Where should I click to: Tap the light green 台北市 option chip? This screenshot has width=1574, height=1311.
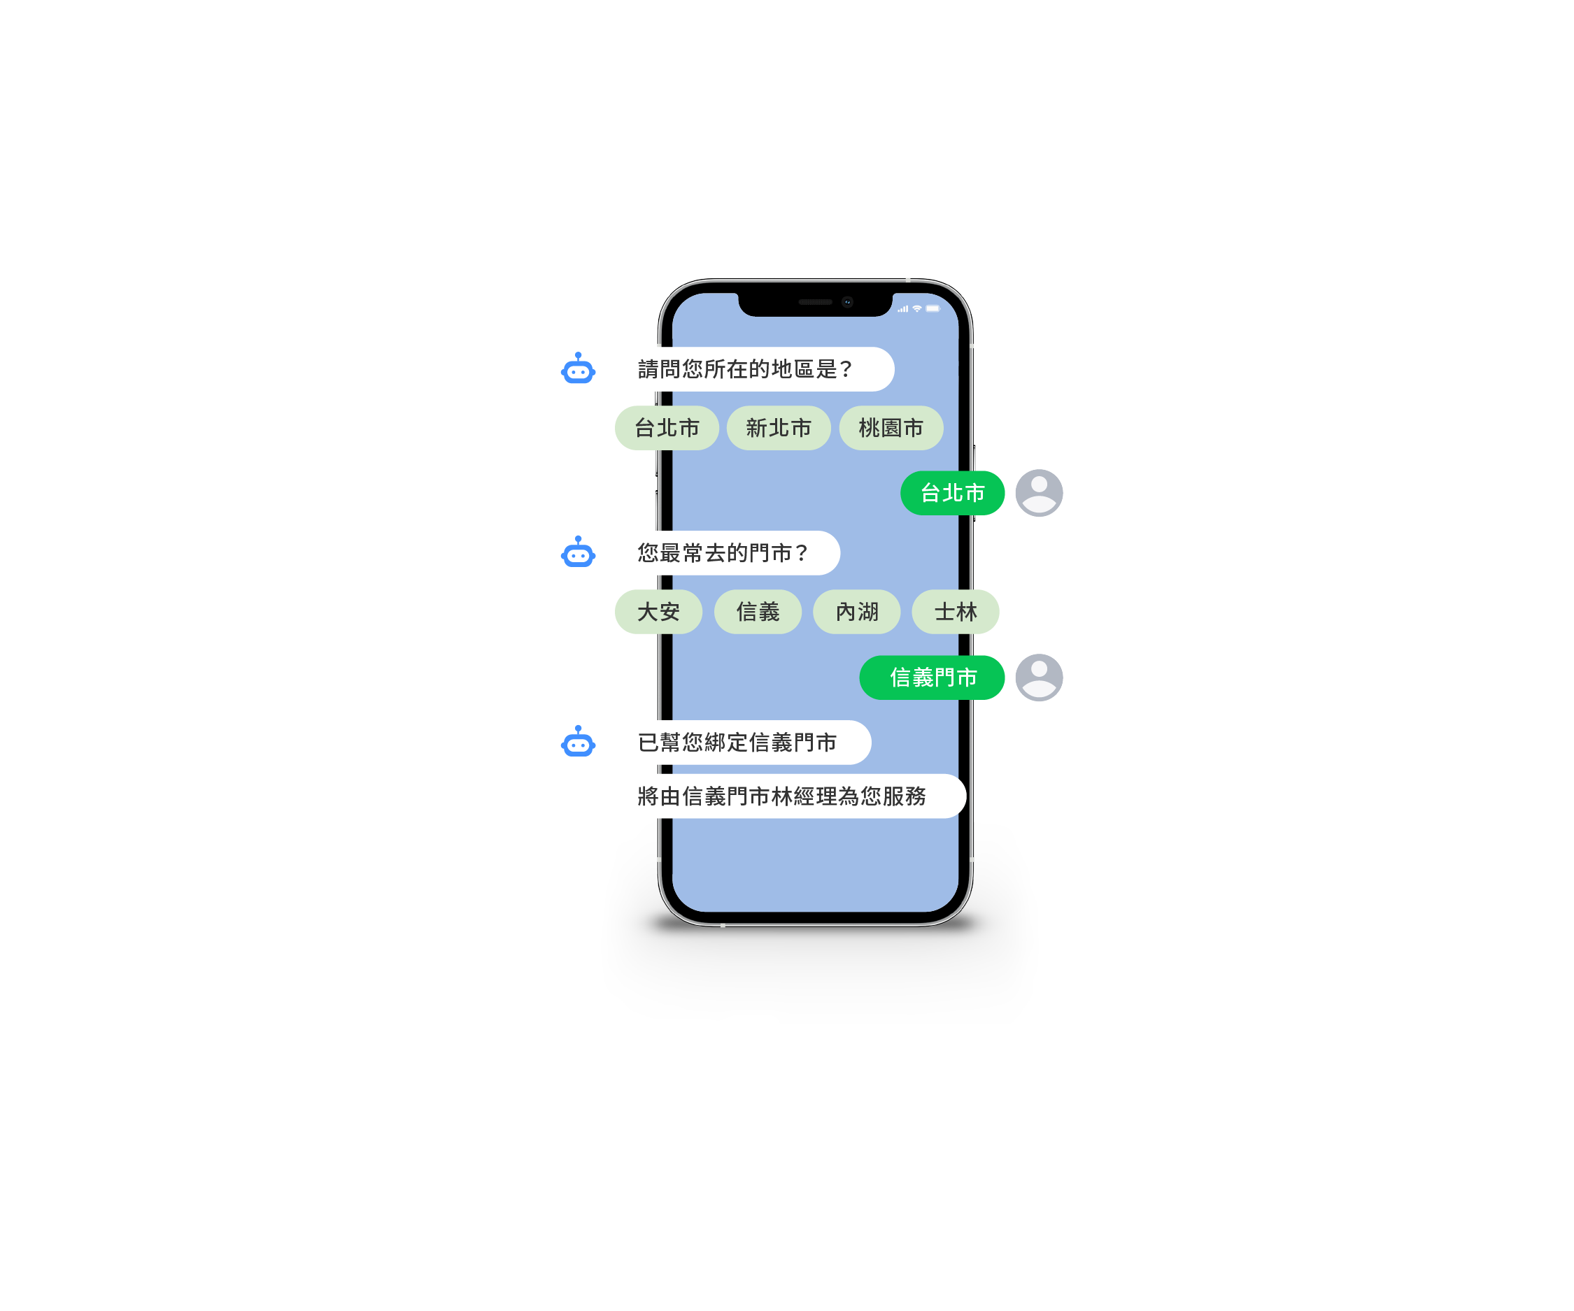[x=666, y=428]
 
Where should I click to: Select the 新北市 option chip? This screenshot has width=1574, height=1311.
[x=779, y=428]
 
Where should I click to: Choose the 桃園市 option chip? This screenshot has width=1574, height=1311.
[x=891, y=428]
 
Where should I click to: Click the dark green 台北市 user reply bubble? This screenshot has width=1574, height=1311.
[x=952, y=493]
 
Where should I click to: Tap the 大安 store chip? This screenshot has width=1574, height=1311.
[x=658, y=612]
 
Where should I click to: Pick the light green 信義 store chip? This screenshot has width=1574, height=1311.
[x=758, y=612]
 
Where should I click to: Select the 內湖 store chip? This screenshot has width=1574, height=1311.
[x=857, y=612]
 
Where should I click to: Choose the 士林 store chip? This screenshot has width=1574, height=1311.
[x=956, y=612]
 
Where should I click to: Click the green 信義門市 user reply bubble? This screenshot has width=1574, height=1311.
[x=932, y=678]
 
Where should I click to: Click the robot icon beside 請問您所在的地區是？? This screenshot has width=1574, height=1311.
[x=578, y=368]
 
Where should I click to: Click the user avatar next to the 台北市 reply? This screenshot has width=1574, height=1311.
[x=1039, y=493]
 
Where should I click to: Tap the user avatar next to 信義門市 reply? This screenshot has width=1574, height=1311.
[x=1039, y=678]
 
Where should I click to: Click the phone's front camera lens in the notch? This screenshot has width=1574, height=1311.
[x=848, y=302]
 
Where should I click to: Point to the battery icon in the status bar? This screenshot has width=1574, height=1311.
[x=933, y=308]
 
